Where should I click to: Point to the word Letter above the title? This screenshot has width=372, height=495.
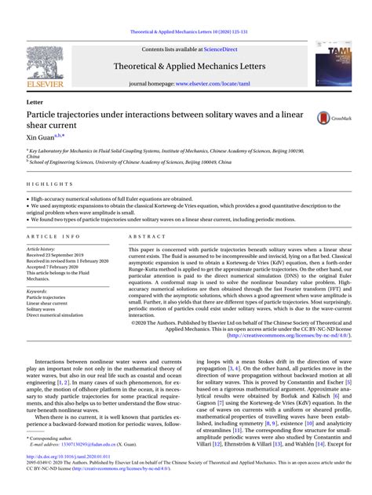(x=35, y=103)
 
